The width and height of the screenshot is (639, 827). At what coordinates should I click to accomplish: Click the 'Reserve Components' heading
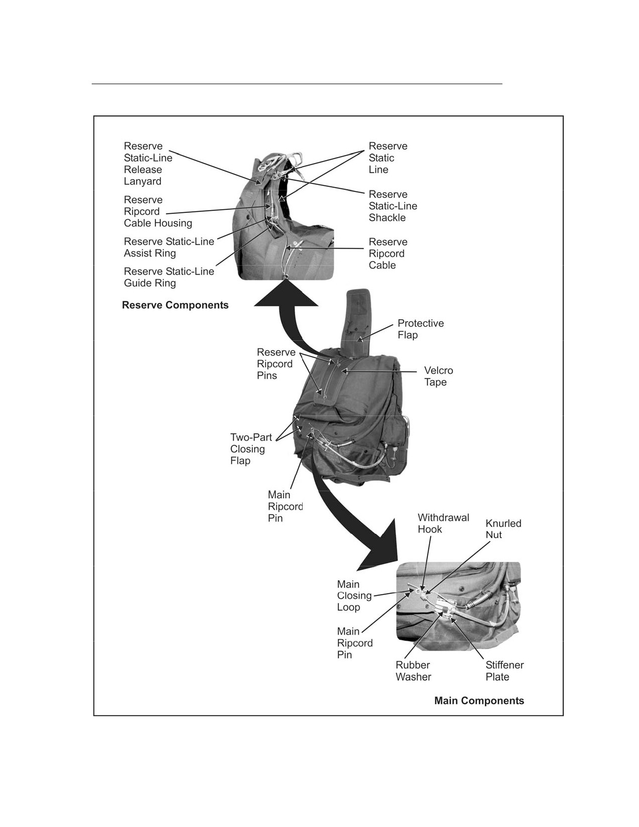click(x=175, y=305)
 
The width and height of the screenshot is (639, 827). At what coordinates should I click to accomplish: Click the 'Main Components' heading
click(x=479, y=701)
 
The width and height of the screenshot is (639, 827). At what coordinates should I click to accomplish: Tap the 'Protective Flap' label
click(x=420, y=329)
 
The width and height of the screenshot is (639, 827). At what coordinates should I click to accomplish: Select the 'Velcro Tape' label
click(x=439, y=376)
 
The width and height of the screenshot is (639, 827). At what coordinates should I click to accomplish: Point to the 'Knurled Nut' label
click(x=503, y=529)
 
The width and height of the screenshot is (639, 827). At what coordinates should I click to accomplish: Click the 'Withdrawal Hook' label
click(x=444, y=523)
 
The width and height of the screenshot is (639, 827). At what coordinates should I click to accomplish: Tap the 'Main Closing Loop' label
click(x=354, y=595)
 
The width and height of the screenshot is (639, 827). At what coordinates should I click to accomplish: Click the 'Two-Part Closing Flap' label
click(x=251, y=449)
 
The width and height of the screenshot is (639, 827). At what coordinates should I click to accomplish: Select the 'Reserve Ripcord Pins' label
click(x=276, y=364)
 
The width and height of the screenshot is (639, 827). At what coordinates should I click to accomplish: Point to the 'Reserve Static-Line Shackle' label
click(x=393, y=206)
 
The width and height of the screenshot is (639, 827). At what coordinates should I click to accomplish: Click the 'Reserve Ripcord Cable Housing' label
click(x=158, y=212)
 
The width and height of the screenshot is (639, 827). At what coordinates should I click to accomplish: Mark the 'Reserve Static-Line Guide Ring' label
click(x=169, y=277)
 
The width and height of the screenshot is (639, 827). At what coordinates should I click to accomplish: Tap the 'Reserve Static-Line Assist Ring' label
click(x=169, y=248)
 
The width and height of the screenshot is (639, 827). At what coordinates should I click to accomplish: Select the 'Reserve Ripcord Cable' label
click(x=388, y=254)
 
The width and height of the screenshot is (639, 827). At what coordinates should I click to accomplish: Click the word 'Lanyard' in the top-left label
click(x=142, y=181)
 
